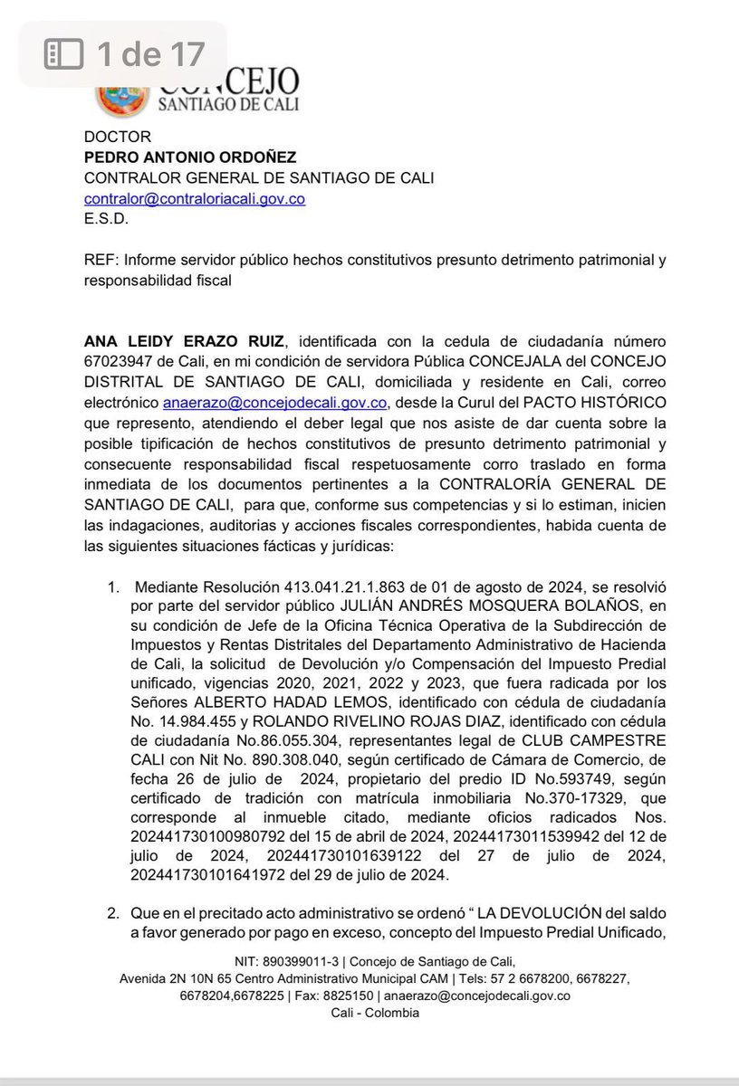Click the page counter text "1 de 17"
coord(150,55)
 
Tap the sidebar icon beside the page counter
coord(65,55)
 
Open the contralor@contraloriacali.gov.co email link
coord(194,198)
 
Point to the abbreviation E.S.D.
coord(106,218)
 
